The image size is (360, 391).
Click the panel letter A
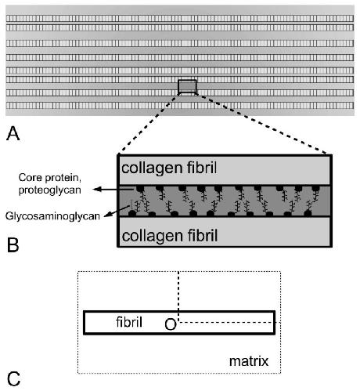[13, 133]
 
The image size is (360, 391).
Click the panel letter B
[13, 244]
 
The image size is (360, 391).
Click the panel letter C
[13, 379]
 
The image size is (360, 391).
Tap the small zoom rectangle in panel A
[187, 86]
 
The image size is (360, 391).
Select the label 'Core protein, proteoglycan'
[50, 183]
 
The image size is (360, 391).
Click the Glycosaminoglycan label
[52, 216]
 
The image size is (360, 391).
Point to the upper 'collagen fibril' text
[169, 168]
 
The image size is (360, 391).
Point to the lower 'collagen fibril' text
[170, 236]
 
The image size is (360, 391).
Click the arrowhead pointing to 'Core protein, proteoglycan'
[97, 189]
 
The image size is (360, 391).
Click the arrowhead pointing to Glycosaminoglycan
[107, 215]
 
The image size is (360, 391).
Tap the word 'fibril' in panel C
[129, 322]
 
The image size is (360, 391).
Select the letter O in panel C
[171, 324]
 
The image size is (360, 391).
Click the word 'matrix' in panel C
[249, 361]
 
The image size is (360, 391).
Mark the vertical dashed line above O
[178, 296]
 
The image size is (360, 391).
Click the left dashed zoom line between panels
[148, 124]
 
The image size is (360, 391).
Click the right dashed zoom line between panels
[261, 124]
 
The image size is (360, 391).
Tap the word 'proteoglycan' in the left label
[50, 190]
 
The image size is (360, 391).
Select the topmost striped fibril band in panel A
[180, 19]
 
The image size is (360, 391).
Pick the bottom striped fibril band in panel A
[180, 106]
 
